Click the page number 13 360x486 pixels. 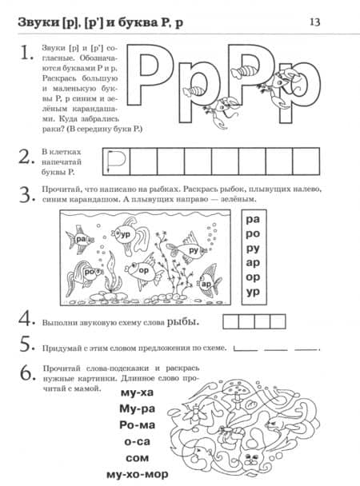point(314,22)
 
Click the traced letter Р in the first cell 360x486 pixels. point(116,161)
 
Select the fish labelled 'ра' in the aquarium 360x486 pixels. point(79,239)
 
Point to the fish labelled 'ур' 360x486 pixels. point(130,235)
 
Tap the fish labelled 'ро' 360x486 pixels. point(83,274)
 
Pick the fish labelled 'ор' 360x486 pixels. point(143,271)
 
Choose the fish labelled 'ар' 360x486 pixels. point(209,282)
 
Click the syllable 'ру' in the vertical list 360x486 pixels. point(253,249)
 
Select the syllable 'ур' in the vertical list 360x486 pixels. point(253,292)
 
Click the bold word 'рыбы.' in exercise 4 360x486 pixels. point(183,322)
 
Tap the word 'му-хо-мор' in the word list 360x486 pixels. point(137,475)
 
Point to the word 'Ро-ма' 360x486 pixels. point(137,424)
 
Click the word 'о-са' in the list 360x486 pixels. point(137,441)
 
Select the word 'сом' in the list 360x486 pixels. point(137,458)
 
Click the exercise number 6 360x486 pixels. point(27,372)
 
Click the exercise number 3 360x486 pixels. point(26,195)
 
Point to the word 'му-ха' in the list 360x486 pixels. point(137,392)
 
